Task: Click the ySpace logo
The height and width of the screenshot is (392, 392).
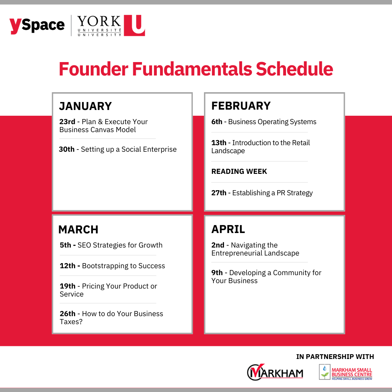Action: tap(37, 25)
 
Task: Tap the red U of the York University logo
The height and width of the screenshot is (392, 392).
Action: tap(135, 25)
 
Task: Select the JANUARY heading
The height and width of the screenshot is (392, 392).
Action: tap(85, 106)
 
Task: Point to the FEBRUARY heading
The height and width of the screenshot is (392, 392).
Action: tap(241, 106)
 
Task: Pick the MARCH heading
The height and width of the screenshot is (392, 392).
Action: tap(78, 229)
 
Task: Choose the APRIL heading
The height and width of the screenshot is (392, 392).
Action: tap(228, 229)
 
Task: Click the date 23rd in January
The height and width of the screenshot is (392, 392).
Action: tap(67, 122)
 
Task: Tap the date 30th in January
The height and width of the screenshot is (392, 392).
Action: tap(67, 149)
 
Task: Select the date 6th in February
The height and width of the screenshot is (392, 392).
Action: tap(217, 122)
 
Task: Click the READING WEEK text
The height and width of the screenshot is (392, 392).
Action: tap(239, 171)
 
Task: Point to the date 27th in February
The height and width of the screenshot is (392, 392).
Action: tap(219, 193)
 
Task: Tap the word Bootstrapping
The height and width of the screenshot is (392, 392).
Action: tap(105, 266)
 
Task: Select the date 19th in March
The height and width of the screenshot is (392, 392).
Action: tap(68, 286)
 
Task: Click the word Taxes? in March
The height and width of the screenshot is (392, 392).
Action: tap(71, 322)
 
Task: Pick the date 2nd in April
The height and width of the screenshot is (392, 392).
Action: tap(218, 245)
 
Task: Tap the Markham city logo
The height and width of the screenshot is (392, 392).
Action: tap(275, 372)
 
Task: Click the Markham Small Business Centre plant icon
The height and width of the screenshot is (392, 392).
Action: tap(324, 372)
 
